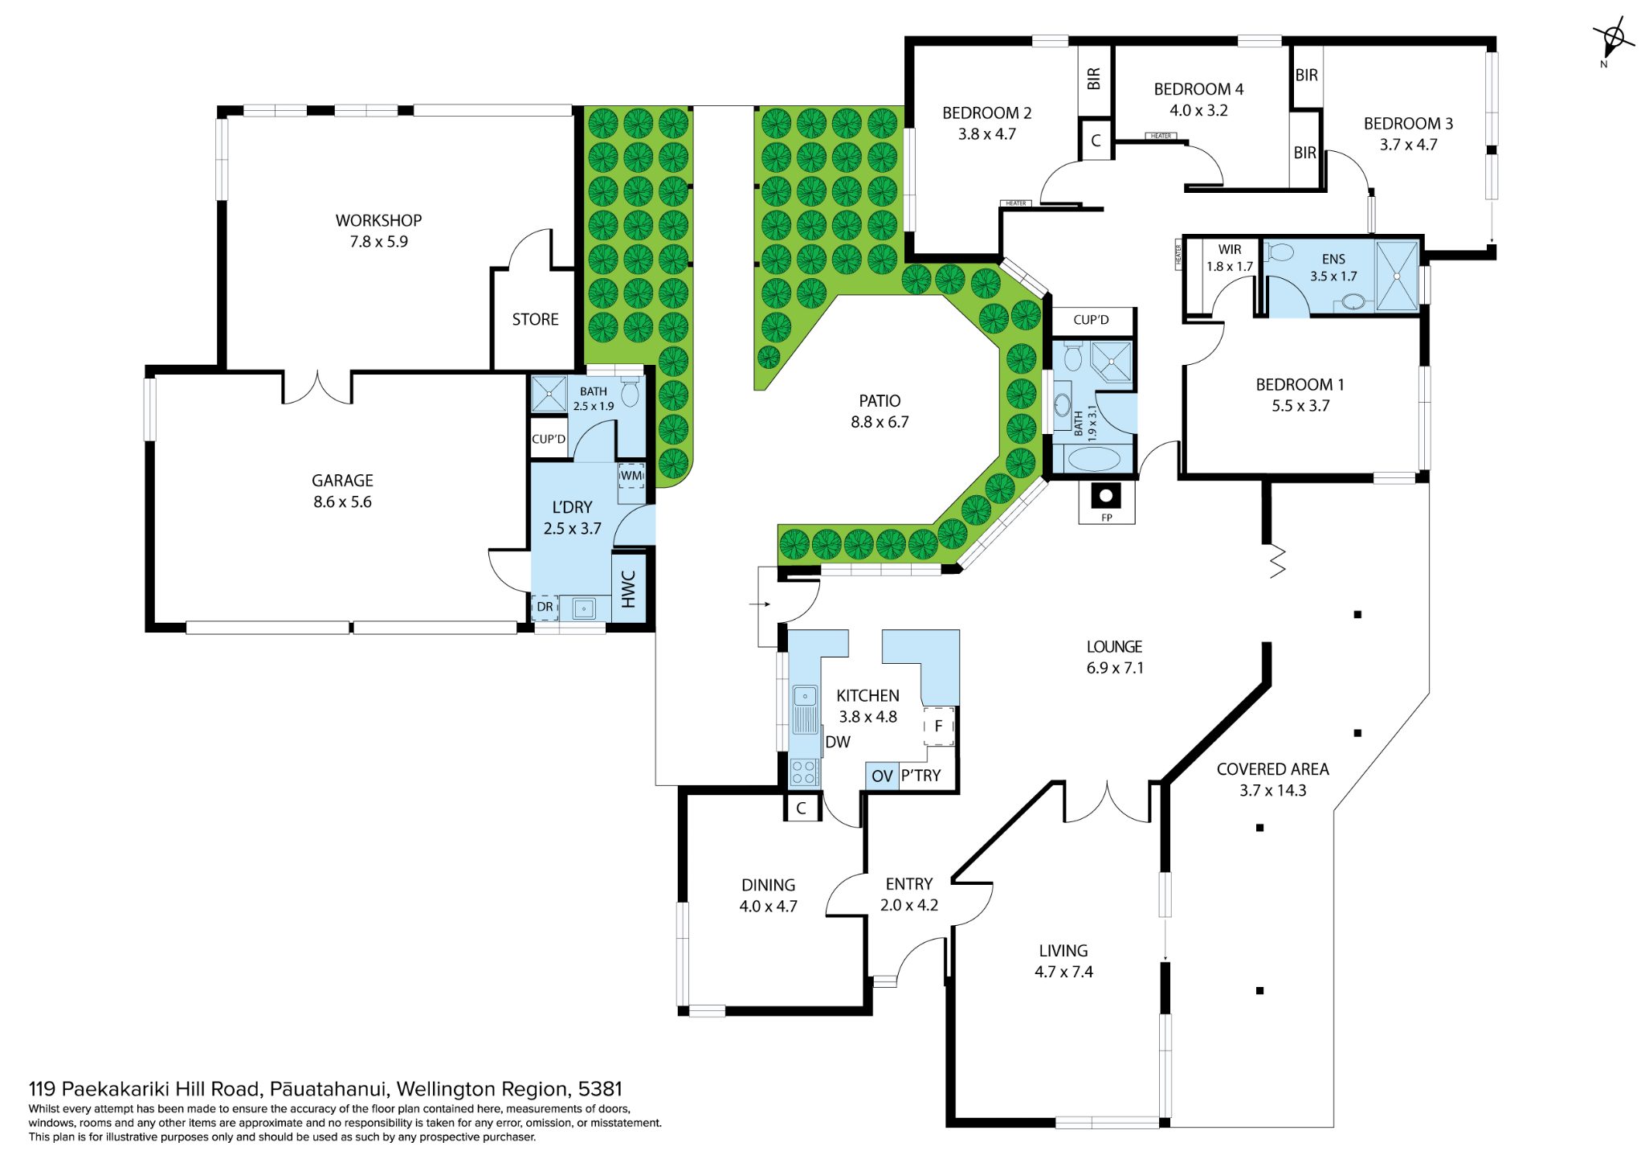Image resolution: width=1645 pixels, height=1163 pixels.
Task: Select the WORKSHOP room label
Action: [x=378, y=220]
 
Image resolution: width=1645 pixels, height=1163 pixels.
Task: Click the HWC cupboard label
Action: [x=629, y=589]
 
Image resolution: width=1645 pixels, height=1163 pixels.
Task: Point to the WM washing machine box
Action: [x=631, y=476]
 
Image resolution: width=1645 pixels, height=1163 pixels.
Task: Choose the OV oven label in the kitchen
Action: [x=882, y=776]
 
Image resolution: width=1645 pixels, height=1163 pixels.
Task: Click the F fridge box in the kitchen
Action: [x=938, y=726]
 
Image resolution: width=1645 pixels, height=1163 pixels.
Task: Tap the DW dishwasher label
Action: [x=838, y=742]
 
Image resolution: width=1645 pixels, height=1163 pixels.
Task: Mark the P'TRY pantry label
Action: [x=920, y=776]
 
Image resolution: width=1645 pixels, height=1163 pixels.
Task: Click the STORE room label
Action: [x=535, y=319]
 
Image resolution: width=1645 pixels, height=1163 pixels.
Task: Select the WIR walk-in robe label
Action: [x=1230, y=249]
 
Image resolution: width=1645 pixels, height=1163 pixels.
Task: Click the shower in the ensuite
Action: [x=1397, y=276]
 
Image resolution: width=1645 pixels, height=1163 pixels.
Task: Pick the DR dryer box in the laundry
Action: [x=545, y=607]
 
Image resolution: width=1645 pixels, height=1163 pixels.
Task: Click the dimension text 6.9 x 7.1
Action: [x=1115, y=668]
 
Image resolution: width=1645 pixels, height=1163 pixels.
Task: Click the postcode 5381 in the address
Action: [x=600, y=1089]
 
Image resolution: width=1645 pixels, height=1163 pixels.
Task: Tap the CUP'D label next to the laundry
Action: [x=549, y=439]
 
